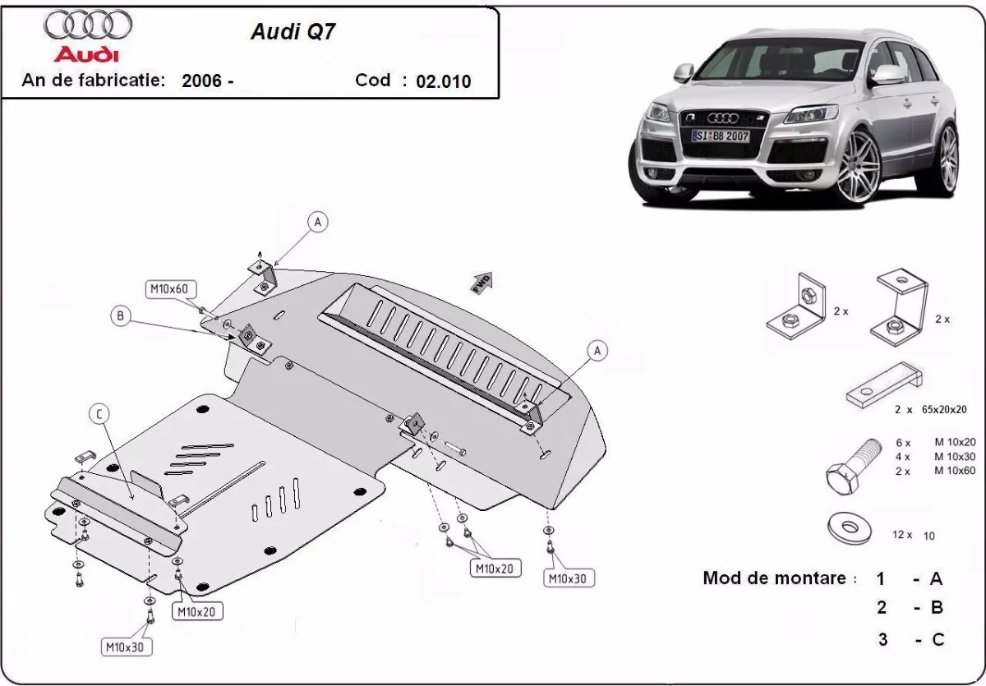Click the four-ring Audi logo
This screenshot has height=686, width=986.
88,25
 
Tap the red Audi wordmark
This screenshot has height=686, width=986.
86,54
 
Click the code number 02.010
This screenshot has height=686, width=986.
444,81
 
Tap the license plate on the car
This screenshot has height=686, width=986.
721,135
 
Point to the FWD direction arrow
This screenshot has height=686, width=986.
481,281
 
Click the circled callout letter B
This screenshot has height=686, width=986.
121,316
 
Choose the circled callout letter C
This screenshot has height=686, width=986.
99,415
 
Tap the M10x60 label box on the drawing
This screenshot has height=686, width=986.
168,288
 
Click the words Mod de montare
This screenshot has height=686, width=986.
774,578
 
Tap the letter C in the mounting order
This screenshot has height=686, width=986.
937,639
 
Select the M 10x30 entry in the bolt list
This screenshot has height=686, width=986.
954,456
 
